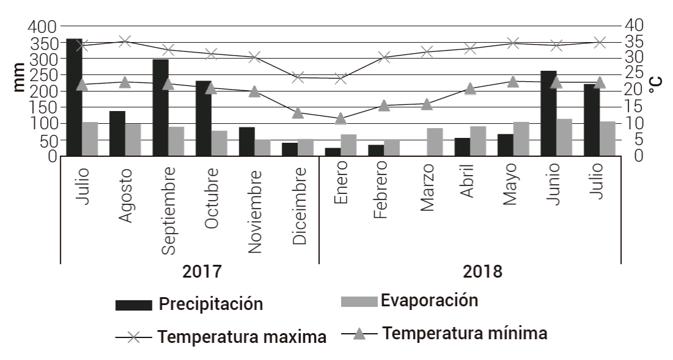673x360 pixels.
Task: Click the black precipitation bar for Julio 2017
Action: (x=74, y=98)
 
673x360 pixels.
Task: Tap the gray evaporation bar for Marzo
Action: (x=434, y=142)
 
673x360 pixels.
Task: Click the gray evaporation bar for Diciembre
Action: (x=305, y=148)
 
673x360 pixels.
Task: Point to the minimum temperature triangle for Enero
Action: (x=340, y=118)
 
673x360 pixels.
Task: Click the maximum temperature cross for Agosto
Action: (x=125, y=41)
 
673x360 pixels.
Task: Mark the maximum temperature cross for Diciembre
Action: (x=298, y=77)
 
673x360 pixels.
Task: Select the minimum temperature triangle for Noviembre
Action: (x=255, y=92)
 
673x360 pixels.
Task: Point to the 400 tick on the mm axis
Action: (x=42, y=26)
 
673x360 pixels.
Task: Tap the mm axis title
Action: (x=19, y=77)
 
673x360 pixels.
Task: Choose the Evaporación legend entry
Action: (x=428, y=300)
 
